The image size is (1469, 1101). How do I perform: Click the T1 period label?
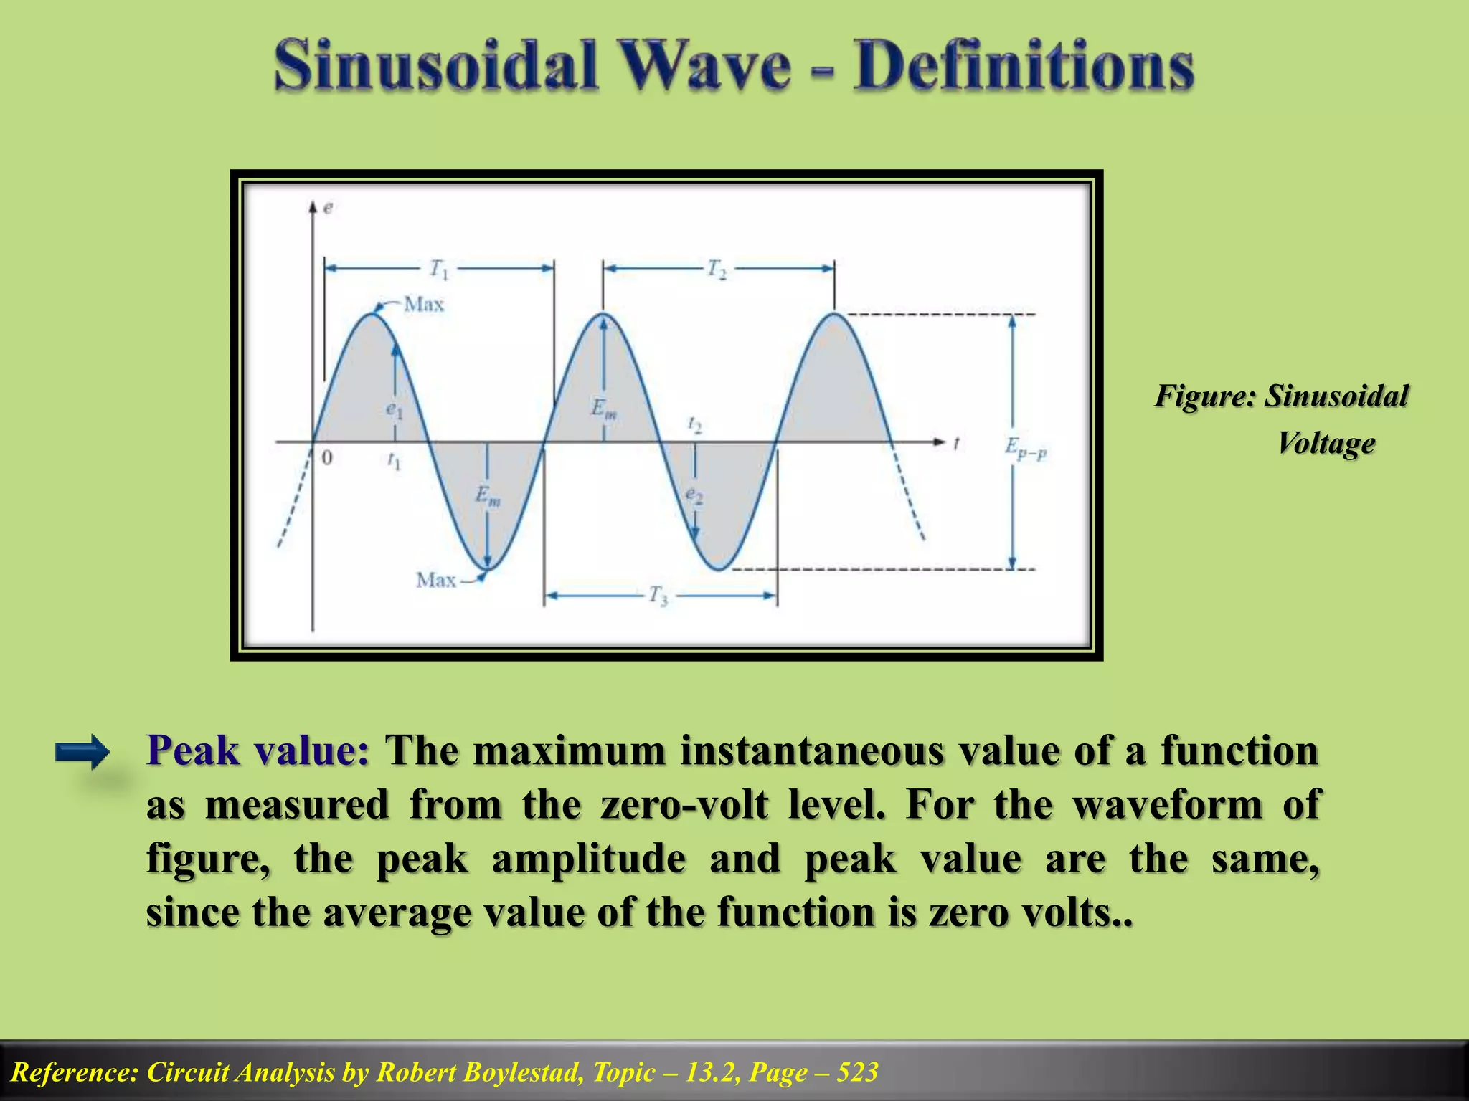(439, 270)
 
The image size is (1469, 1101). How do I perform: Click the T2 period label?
(717, 270)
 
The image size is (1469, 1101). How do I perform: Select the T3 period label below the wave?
(658, 595)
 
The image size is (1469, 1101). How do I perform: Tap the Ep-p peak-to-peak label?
(1025, 449)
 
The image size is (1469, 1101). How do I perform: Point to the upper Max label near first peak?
(424, 305)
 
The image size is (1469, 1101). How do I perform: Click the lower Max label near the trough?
(435, 579)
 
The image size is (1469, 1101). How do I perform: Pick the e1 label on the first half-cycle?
(395, 410)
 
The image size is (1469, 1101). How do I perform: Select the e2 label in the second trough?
(694, 495)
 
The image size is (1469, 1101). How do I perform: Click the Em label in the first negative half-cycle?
(488, 495)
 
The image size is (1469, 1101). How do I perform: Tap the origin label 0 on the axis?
(327, 457)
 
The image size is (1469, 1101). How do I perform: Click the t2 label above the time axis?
(694, 424)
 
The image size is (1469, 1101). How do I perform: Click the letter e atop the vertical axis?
(328, 208)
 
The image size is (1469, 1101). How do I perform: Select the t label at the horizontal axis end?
(956, 444)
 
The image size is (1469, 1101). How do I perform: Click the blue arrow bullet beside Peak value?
(82, 753)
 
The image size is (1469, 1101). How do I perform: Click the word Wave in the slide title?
(702, 66)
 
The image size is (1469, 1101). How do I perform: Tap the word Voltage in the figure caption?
(1326, 442)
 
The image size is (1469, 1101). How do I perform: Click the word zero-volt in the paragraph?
(684, 804)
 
